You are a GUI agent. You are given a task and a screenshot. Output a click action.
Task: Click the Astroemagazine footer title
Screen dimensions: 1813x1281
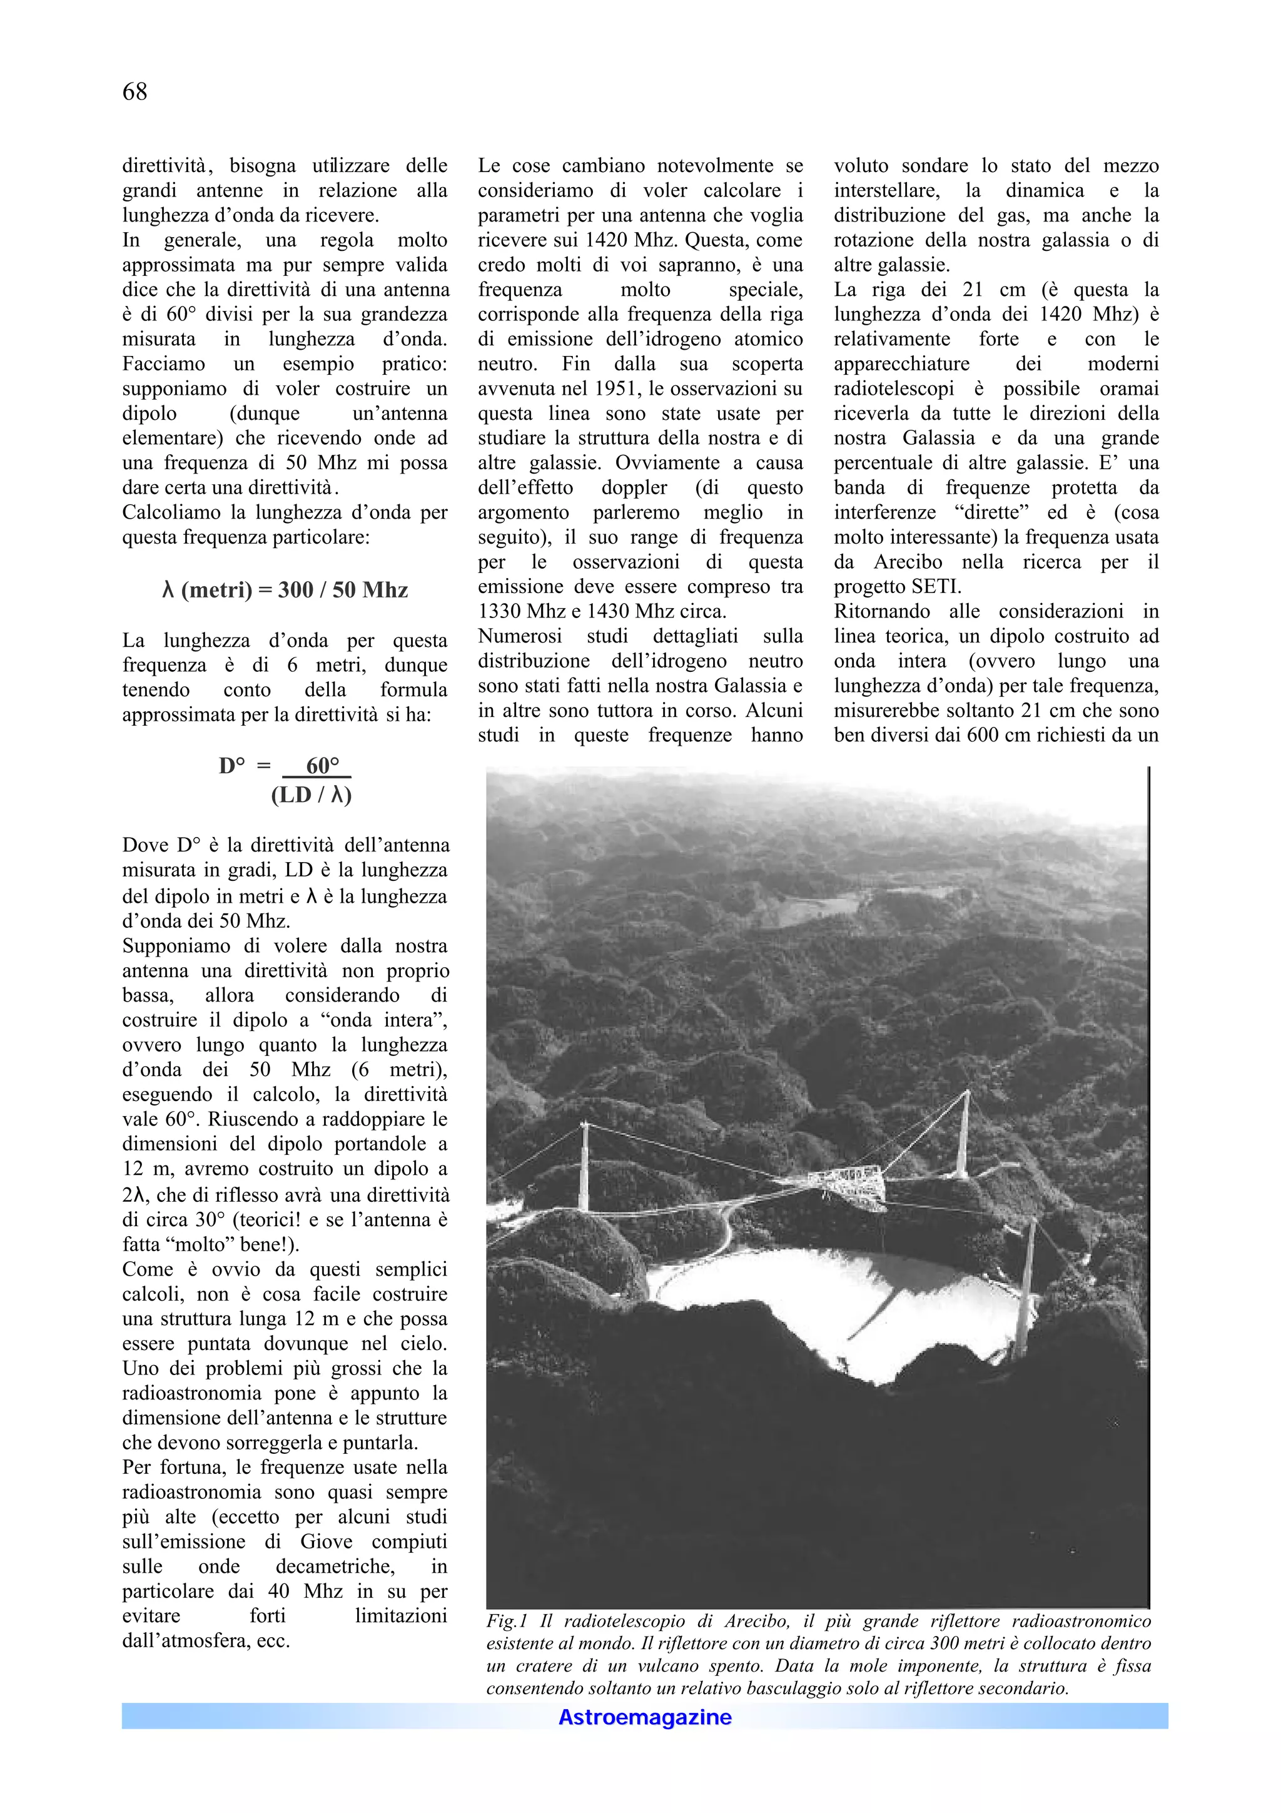click(645, 1717)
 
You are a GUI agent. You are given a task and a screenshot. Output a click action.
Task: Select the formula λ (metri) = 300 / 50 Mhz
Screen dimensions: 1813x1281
click(284, 590)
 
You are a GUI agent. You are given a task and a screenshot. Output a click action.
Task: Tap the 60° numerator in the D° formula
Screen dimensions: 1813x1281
click(322, 765)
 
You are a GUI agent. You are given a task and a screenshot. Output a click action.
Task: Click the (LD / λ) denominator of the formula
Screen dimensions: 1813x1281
click(311, 795)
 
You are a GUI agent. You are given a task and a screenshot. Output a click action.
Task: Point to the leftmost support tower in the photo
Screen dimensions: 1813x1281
click(584, 1169)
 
